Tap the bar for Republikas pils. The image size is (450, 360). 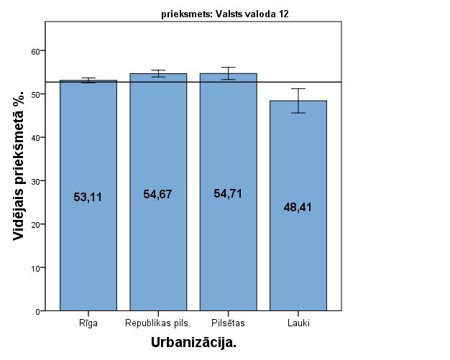pos(158,244)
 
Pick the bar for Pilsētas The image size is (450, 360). pos(228,244)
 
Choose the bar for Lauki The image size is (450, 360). pos(298,251)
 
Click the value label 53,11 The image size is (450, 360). pos(88,196)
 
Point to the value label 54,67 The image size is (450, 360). pos(158,194)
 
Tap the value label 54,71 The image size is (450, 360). pos(228,193)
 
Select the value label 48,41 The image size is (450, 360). pos(298,207)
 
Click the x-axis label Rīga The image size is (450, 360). pos(88,323)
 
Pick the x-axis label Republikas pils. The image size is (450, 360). pos(158,323)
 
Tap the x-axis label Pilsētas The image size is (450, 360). pos(228,323)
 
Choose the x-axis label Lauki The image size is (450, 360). pos(298,323)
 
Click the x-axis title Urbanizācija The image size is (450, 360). pos(193,343)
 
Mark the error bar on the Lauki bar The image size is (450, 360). pos(298,101)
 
